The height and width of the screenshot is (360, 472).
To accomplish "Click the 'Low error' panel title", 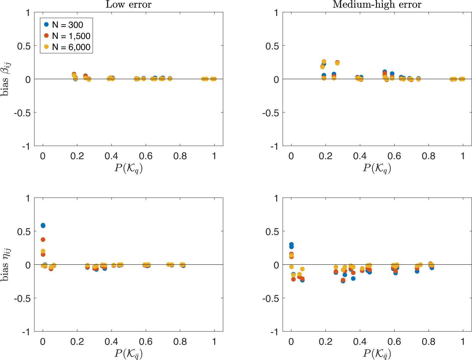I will [x=128, y=5].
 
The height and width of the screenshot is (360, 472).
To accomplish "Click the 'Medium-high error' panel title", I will [x=377, y=5].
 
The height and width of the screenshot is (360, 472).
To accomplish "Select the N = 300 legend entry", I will [x=67, y=25].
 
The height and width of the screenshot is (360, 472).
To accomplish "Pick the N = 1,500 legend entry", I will [x=71, y=36].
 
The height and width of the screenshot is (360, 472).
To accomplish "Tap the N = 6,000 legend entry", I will [x=71, y=47].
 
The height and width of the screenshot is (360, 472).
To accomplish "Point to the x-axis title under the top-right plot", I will [x=377, y=168].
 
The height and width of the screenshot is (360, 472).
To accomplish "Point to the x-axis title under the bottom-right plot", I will [x=377, y=353].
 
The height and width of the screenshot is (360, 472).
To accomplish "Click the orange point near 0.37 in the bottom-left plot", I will [x=43, y=240].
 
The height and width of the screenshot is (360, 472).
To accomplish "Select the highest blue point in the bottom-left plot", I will [x=43, y=225].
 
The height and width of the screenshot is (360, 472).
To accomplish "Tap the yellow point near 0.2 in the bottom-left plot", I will [x=43, y=251].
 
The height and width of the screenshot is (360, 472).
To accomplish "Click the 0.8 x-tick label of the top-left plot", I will [x=180, y=156].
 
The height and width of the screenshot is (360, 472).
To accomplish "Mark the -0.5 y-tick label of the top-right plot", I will [x=270, y=113].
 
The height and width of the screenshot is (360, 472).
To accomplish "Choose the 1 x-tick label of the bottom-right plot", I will [x=463, y=341].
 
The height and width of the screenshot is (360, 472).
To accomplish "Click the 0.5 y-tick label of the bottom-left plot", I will [x=24, y=232].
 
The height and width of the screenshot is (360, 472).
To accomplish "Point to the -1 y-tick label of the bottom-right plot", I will [x=274, y=332].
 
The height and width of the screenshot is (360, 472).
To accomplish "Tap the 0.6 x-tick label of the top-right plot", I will [x=394, y=156].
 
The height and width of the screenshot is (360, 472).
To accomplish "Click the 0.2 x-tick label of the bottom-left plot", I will [x=77, y=341].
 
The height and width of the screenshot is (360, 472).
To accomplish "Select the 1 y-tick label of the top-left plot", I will [x=28, y=13].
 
